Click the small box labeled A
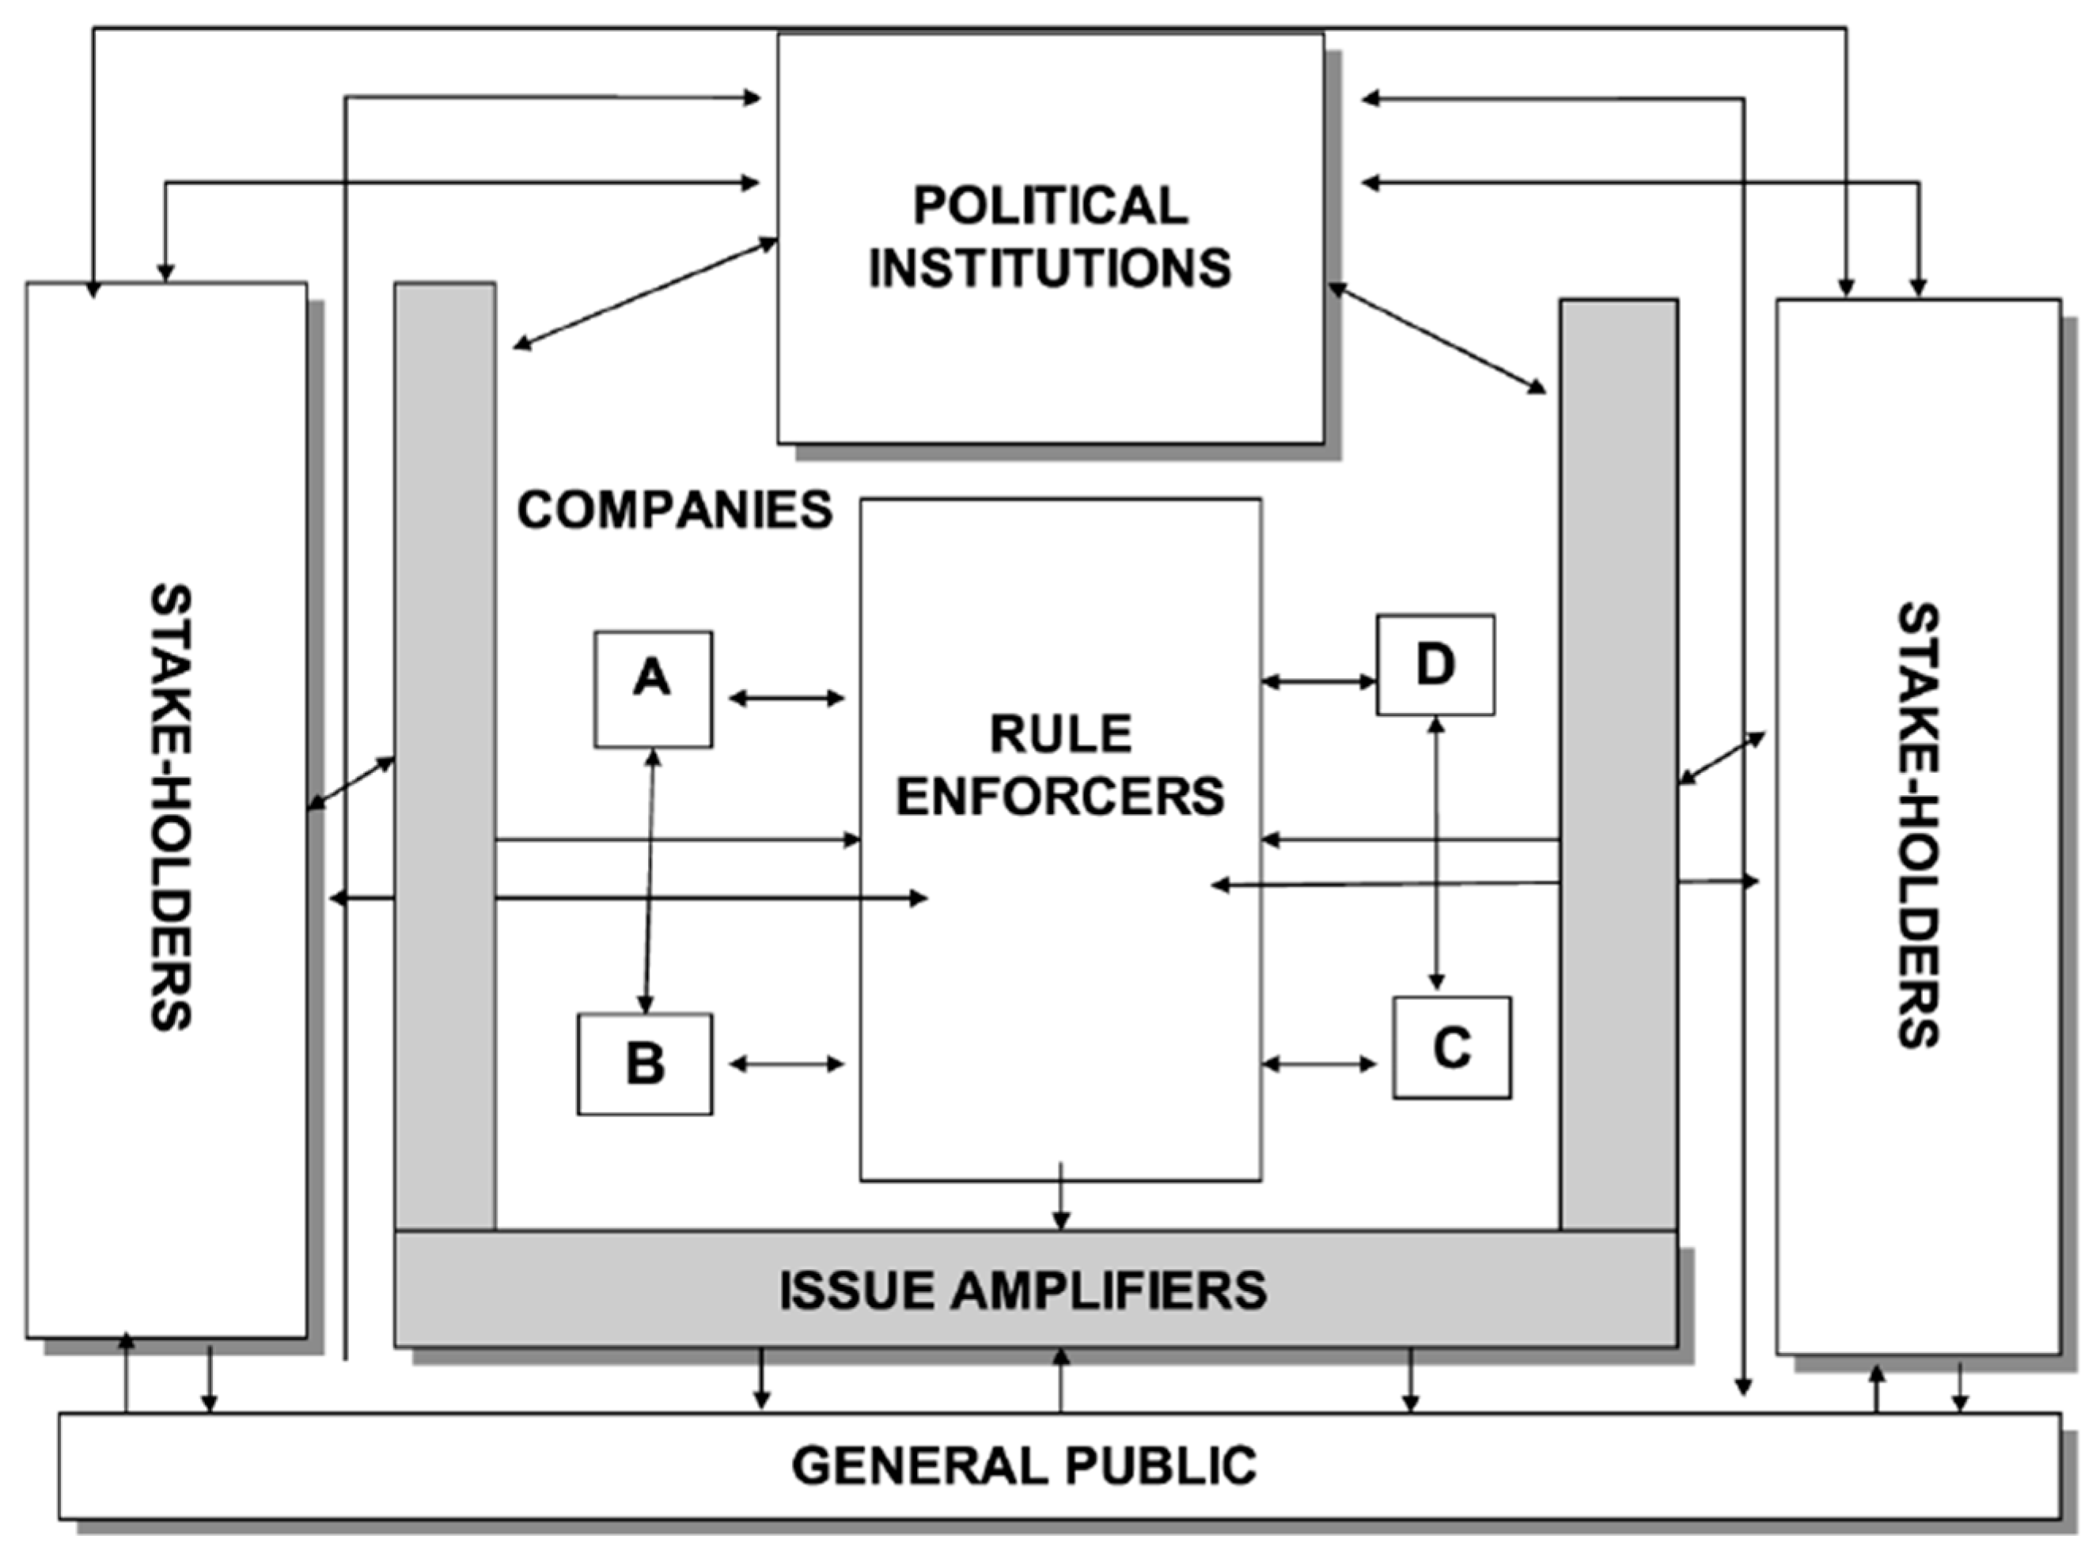tap(653, 689)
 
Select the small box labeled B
tap(646, 1064)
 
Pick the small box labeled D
tap(1435, 665)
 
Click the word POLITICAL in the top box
tap(1050, 205)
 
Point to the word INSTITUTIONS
tap(1050, 267)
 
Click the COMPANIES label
tap(675, 510)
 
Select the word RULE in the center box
tap(1060, 734)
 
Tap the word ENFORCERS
tap(1060, 797)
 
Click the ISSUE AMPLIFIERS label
tap(1022, 1290)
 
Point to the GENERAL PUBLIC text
tap(1025, 1465)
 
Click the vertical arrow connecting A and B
tap(650, 880)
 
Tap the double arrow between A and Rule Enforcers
tap(787, 699)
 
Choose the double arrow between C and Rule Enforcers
tap(1319, 1064)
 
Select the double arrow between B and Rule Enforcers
tap(787, 1064)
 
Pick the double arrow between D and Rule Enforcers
tap(1319, 680)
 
